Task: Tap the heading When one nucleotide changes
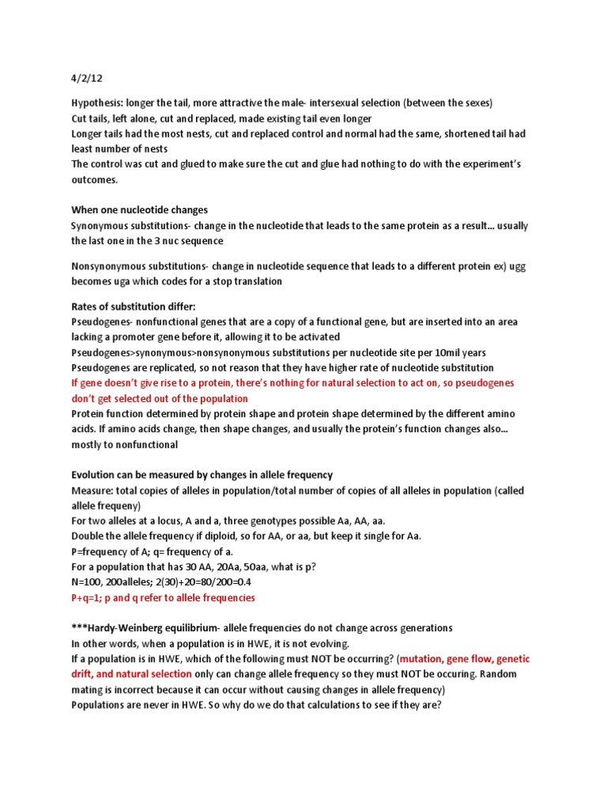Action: pos(139,210)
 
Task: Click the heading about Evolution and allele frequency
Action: pos(202,475)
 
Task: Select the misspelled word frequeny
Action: pos(121,505)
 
